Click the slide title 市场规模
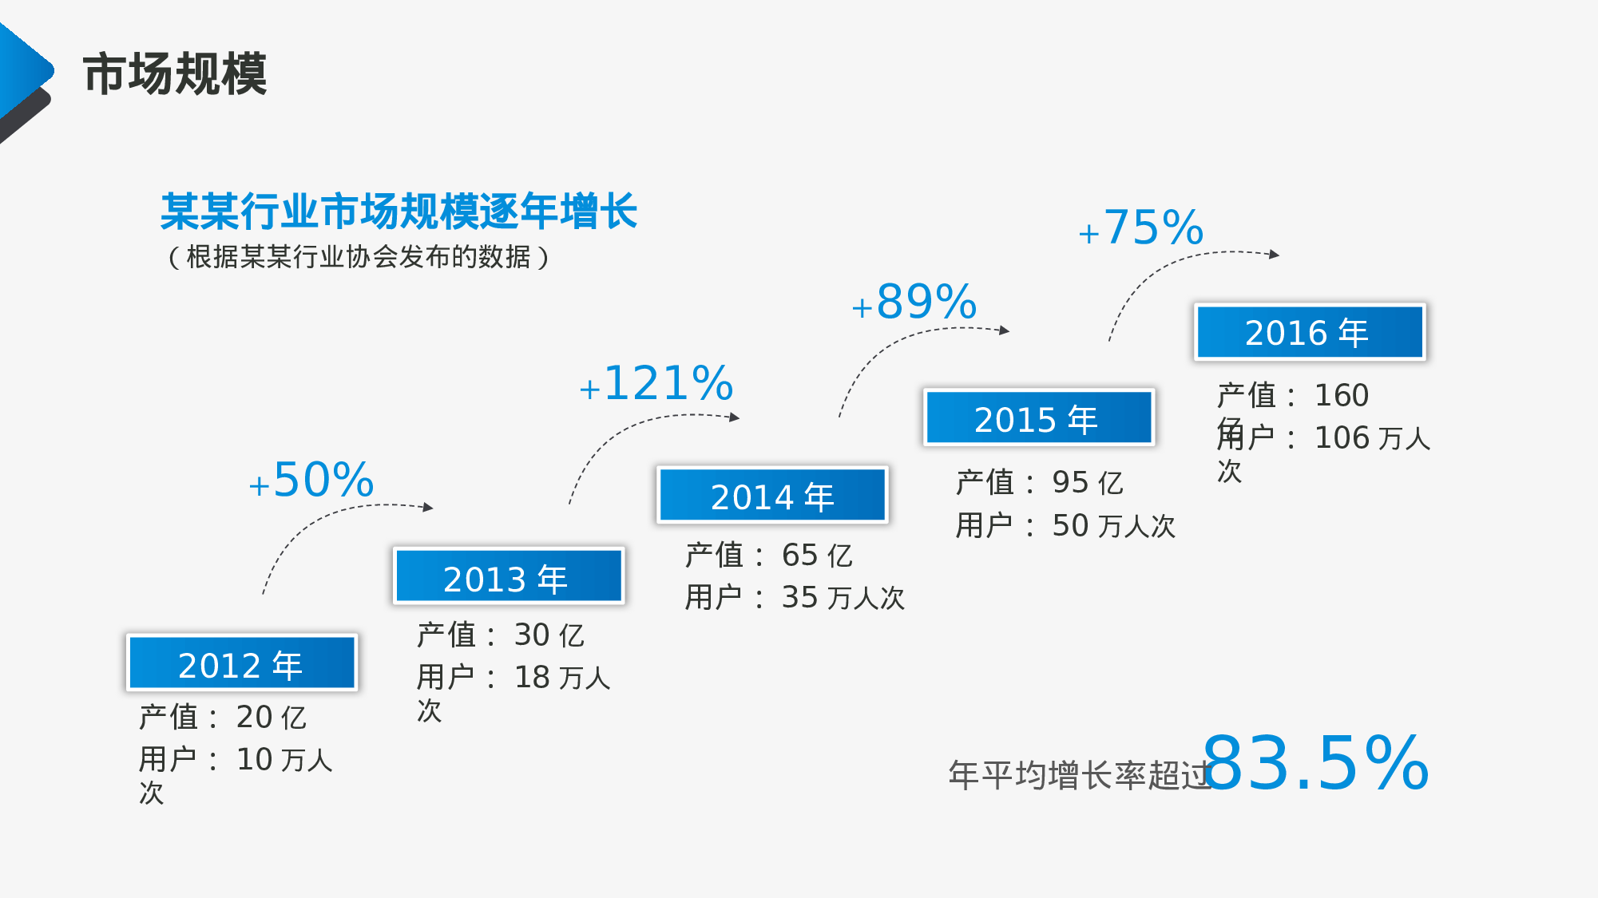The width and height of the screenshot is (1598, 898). pos(175,74)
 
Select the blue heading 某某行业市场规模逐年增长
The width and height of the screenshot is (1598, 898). pos(399,212)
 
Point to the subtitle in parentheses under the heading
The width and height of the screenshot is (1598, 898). pos(359,257)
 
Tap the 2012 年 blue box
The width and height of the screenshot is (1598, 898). pos(241,663)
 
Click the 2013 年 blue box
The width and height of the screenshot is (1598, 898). pos(508,576)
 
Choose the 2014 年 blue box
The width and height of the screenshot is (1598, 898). pos(772,496)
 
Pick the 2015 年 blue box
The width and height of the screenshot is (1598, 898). pos(1038,417)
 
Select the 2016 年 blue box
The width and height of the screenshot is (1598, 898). pos(1309,332)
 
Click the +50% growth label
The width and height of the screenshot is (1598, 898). pos(311,480)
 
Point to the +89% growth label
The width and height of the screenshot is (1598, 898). pos(914,302)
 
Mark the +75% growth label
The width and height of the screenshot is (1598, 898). pos(1141,227)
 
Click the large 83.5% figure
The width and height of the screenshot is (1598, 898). pos(1315,764)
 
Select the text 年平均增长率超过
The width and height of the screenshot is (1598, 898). pos(1080,775)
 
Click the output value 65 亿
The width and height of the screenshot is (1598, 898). pos(817,556)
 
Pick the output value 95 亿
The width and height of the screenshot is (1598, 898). pos(1087,483)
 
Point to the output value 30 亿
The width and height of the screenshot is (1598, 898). pos(549,635)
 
